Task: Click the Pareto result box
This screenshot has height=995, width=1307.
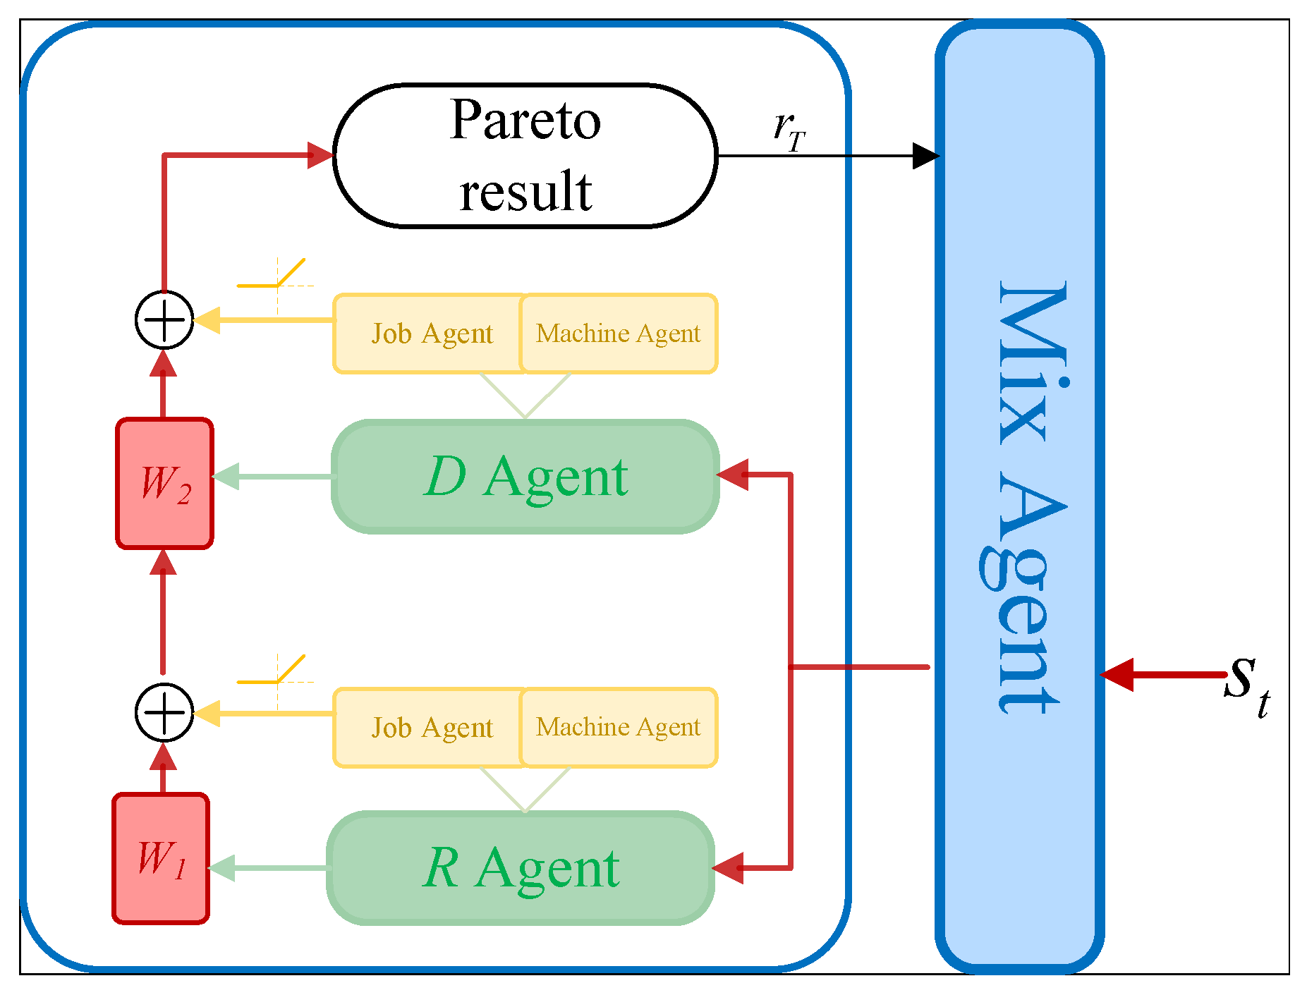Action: click(525, 156)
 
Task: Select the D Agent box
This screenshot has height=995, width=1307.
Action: click(525, 477)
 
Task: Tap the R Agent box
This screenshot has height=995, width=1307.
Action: click(521, 868)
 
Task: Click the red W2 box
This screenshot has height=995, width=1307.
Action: click(164, 484)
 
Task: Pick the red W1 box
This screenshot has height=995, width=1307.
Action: click(161, 859)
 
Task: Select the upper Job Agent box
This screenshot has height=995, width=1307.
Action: click(430, 334)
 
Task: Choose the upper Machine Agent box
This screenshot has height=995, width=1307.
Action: click(619, 334)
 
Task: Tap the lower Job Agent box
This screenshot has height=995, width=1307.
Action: click(430, 728)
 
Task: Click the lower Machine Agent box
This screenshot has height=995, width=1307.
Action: click(619, 728)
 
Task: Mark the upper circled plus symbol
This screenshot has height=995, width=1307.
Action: click(164, 320)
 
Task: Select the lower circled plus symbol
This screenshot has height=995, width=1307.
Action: click(164, 712)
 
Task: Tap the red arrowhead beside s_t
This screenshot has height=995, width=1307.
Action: click(1117, 675)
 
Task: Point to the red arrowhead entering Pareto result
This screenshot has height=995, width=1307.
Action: click(320, 155)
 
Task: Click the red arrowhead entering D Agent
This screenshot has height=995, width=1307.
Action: click(732, 475)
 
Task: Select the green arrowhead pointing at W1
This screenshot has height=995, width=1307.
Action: click(221, 868)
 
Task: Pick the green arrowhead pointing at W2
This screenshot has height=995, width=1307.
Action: click(226, 477)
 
